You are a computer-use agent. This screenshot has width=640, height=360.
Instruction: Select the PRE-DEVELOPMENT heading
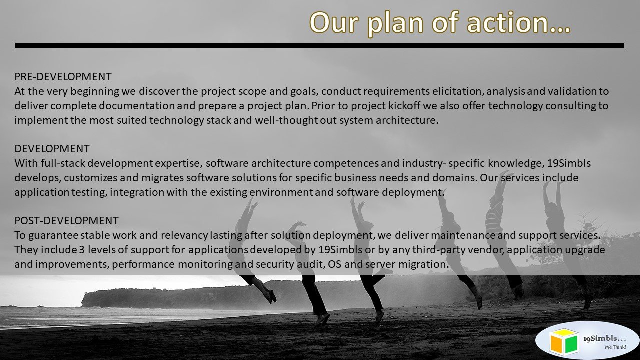coord(63,77)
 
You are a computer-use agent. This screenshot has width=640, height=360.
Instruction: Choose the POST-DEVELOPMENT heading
coord(66,221)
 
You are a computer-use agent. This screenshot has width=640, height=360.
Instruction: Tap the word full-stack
coord(63,163)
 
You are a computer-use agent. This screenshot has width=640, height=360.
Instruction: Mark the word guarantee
coord(53,236)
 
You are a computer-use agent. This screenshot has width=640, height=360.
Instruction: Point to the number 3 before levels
coord(82,250)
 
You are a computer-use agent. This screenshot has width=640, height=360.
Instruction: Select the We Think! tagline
coord(615,347)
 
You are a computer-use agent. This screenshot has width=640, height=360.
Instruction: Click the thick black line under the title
coord(319,46)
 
